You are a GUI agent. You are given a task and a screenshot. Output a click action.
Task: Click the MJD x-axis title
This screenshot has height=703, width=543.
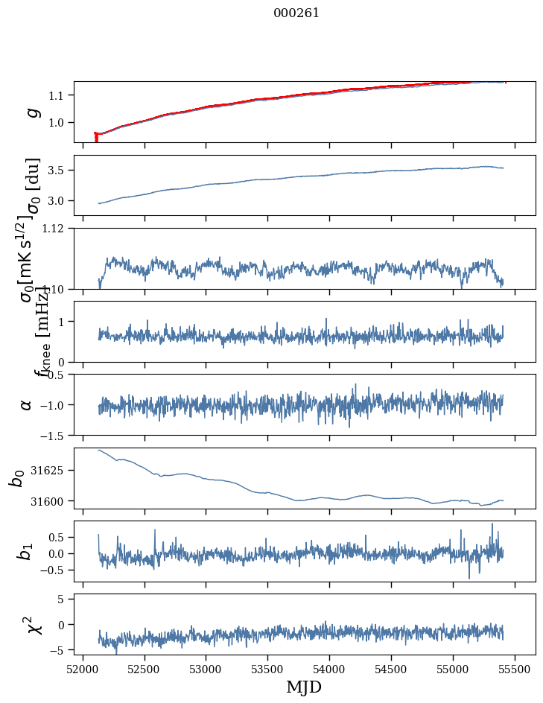pos(304,687)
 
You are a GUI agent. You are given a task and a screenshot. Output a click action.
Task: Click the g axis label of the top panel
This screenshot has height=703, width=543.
pos(31,112)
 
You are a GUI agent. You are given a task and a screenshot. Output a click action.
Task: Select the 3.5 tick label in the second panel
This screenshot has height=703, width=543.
pos(59,171)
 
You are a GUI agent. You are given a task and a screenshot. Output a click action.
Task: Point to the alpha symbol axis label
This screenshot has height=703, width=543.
pos(27,404)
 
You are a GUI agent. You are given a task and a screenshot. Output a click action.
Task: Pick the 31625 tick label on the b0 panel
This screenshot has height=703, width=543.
pos(50,471)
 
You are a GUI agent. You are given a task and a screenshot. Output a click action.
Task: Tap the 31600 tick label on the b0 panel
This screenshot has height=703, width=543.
pos(50,501)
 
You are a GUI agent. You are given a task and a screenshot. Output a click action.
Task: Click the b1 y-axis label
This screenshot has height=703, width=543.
pos(27,551)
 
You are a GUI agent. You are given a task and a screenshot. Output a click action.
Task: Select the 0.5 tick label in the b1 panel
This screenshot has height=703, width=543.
pos(59,537)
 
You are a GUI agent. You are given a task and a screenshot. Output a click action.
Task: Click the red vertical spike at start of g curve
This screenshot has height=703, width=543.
pos(96,138)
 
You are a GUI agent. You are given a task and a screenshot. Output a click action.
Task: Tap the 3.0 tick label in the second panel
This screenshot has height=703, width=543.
pos(59,201)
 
